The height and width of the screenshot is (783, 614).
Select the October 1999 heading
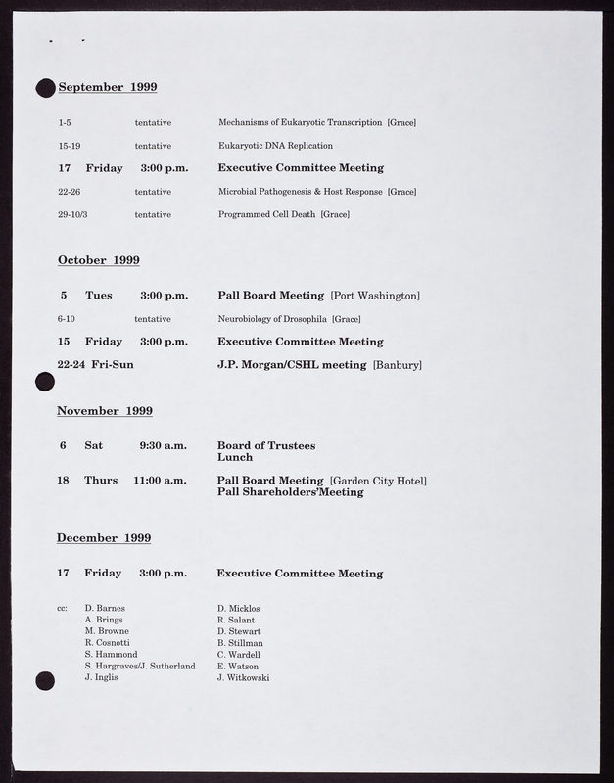[98, 260]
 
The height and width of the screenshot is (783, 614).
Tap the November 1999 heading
[104, 411]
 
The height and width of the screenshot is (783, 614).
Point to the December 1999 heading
[103, 538]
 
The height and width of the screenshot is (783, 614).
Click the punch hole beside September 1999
[44, 89]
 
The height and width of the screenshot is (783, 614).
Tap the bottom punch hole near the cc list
[44, 680]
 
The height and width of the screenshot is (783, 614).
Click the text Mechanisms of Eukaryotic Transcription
[300, 122]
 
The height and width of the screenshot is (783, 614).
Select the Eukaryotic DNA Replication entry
[269, 145]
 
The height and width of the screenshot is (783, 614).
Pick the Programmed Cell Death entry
[267, 214]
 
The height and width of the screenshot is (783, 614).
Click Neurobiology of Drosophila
[273, 319]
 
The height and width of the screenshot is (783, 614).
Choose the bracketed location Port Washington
[375, 296]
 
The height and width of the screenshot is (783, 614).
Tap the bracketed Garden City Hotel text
[378, 481]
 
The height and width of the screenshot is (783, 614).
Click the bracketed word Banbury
[398, 365]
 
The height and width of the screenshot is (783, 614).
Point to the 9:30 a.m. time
[163, 446]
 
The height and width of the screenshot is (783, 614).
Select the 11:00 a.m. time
[160, 481]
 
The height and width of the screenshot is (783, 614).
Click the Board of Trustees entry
[265, 446]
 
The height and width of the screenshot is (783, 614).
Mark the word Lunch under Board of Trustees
[234, 458]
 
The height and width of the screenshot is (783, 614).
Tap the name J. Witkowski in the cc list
[243, 678]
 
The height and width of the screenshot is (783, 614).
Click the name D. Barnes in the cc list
[105, 608]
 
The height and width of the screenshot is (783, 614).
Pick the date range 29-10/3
[72, 214]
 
